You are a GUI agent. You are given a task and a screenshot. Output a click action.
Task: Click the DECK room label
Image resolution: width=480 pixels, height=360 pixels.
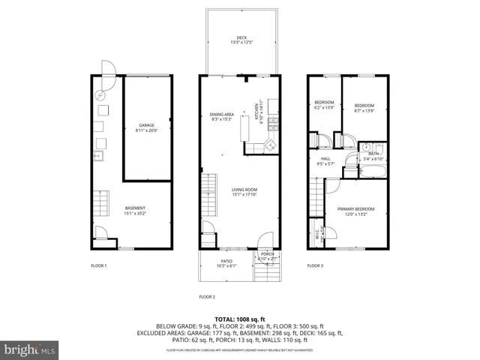[x=241, y=37]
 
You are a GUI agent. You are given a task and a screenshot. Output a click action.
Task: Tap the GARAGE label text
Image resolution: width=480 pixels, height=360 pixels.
[x=146, y=125]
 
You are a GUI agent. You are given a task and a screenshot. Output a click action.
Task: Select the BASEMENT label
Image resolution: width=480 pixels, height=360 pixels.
[x=135, y=208]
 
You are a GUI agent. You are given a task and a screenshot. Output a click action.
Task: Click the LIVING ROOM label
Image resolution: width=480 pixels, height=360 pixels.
[x=244, y=190]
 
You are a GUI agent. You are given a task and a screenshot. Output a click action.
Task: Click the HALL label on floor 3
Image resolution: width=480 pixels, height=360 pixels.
[x=325, y=158]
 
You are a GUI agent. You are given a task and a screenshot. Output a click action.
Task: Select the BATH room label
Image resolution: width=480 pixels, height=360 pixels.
[x=373, y=154]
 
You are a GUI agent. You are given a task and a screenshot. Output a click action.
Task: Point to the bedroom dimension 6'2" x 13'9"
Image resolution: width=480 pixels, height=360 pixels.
[x=324, y=107]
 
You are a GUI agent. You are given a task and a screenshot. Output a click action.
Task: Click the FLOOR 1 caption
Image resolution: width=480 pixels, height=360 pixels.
[x=99, y=265]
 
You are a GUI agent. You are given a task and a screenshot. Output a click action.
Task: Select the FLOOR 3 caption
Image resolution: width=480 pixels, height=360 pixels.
[x=315, y=265]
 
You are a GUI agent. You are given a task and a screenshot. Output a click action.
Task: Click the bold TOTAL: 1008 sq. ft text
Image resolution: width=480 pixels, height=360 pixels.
[x=240, y=319]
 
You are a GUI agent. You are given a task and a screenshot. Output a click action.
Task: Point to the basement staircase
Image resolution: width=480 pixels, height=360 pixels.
[x=100, y=202]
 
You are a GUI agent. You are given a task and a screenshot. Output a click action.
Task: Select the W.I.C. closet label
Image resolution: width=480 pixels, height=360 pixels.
[x=318, y=233]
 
